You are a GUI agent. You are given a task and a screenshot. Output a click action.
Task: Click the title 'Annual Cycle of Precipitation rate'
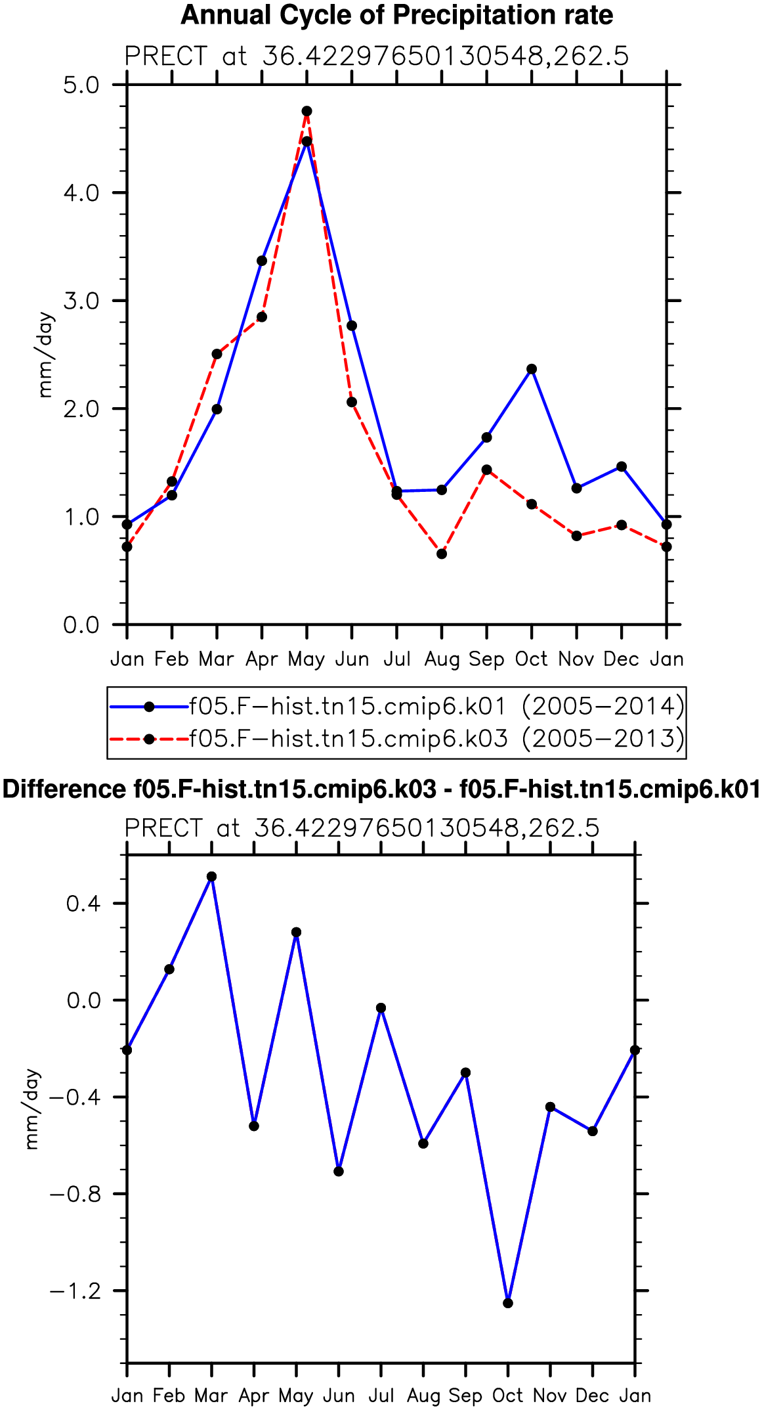(396, 15)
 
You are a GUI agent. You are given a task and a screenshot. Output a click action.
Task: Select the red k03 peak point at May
(307, 111)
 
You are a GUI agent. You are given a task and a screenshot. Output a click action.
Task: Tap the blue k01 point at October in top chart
(532, 369)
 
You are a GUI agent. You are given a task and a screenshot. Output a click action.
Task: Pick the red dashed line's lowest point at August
(442, 554)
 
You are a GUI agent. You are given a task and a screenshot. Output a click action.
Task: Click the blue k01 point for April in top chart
(262, 261)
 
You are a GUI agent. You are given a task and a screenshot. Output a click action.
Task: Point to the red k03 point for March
(217, 354)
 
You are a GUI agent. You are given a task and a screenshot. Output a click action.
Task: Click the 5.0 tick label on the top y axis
(81, 85)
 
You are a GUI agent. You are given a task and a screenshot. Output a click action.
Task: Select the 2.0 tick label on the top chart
(81, 408)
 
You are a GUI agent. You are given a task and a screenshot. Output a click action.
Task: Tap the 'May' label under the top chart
(307, 659)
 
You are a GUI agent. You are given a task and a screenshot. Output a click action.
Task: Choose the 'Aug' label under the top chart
(442, 659)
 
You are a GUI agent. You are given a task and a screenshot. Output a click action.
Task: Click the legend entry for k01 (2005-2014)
(397, 707)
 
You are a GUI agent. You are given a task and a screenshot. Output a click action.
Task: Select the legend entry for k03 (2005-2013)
(397, 739)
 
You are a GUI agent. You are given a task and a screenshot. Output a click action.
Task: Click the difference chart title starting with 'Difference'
(381, 789)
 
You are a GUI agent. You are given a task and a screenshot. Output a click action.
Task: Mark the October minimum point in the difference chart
(508, 1303)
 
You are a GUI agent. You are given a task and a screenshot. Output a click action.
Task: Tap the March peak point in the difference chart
(211, 877)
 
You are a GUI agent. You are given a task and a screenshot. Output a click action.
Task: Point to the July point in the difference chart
(381, 1008)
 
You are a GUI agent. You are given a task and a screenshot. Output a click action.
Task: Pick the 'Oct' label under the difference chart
(508, 1396)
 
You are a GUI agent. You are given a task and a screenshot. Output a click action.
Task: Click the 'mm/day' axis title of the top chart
(45, 355)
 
